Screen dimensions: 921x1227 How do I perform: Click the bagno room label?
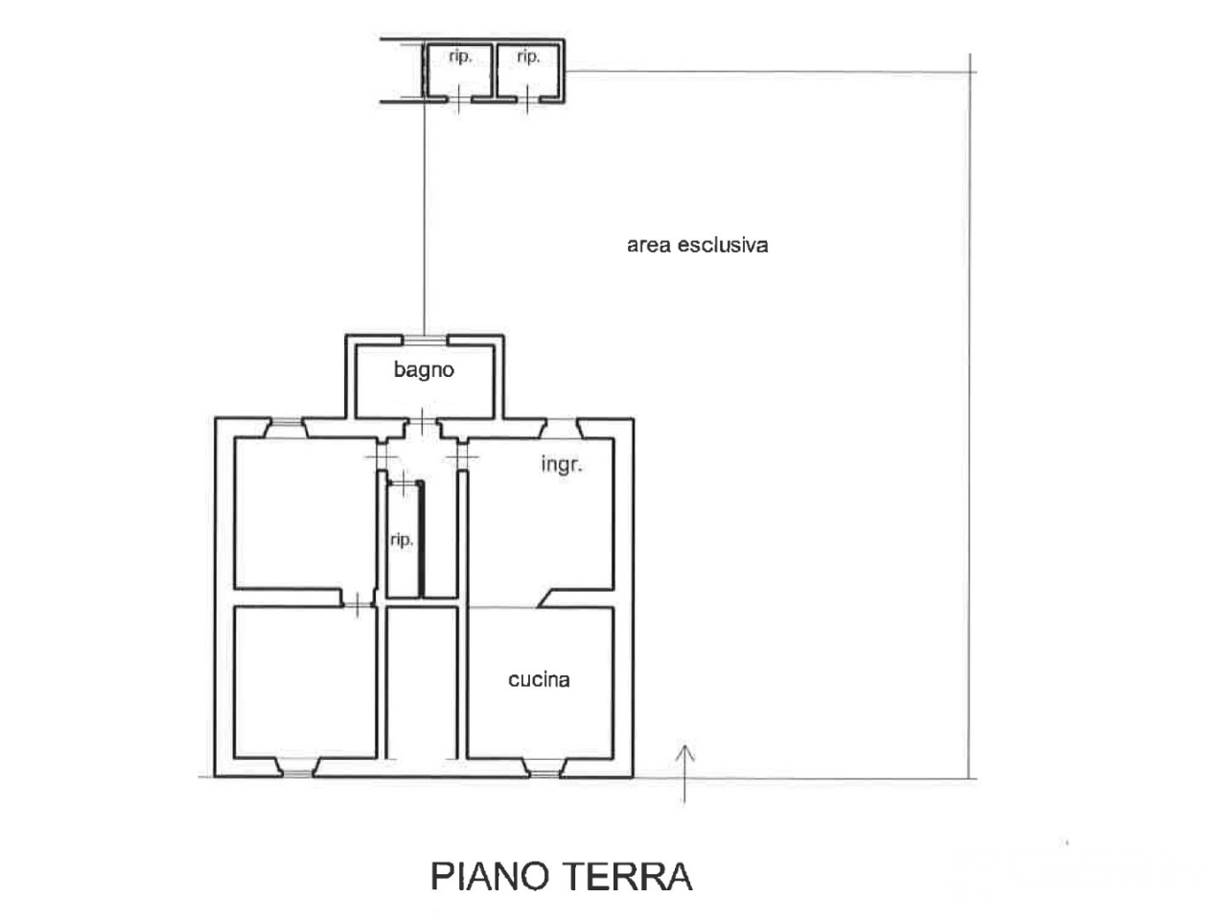coord(424,369)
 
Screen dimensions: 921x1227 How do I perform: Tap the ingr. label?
coord(562,465)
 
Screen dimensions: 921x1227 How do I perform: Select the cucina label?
coord(539,679)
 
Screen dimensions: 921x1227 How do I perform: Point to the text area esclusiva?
coord(697,245)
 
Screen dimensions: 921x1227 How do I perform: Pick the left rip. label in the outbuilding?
coord(460,58)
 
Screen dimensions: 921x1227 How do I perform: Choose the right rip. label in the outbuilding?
coord(528,58)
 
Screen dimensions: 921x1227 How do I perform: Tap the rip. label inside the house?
coord(402,540)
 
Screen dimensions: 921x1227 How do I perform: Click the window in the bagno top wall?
coord(423,338)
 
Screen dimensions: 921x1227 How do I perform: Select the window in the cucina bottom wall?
coord(544,767)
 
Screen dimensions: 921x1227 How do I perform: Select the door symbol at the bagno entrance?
coord(423,423)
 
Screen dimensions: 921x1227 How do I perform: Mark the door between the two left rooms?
coord(358,602)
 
